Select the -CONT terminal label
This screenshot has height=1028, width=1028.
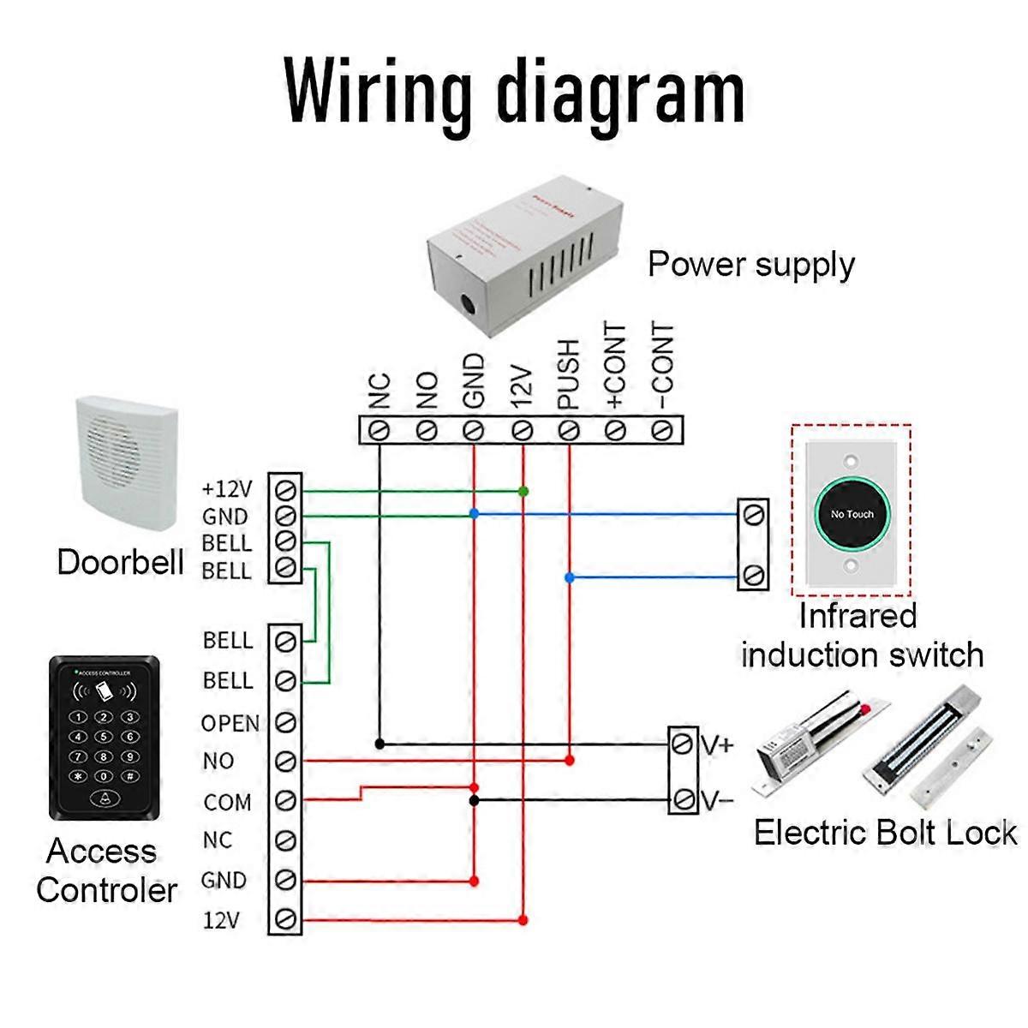point(662,368)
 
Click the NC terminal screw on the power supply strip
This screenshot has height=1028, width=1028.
point(379,429)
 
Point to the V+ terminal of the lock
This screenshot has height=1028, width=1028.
point(683,744)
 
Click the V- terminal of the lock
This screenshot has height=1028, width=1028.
point(683,799)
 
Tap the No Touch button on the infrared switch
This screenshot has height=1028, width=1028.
point(852,514)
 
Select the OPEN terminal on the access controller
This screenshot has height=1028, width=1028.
point(286,722)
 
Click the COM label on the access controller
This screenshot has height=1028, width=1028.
point(227,803)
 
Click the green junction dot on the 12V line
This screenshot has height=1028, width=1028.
point(523,491)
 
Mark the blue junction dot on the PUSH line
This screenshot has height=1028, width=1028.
point(570,578)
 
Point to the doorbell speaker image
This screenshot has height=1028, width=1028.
point(127,463)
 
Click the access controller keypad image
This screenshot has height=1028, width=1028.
point(104,738)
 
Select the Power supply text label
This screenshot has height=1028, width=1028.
point(750,265)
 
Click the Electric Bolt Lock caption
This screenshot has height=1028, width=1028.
point(884,833)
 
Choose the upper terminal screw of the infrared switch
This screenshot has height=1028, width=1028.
point(754,514)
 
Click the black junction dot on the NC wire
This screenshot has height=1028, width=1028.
point(380,744)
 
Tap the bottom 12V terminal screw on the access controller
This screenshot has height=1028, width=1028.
point(286,919)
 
